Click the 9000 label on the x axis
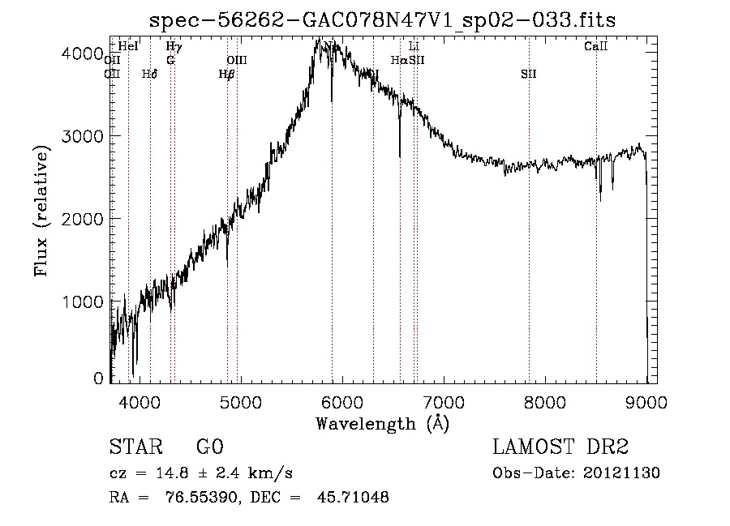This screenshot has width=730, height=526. [x=646, y=401]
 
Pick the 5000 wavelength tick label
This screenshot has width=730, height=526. [x=241, y=401]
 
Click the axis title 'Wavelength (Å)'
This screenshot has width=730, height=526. [x=382, y=423]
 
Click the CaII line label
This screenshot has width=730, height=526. [x=596, y=47]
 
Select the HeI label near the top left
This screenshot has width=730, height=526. [x=128, y=47]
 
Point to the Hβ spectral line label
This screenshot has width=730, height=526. [x=226, y=74]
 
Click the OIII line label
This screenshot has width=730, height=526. [x=237, y=60]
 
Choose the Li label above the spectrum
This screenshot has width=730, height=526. [x=414, y=47]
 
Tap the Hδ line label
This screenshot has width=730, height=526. [x=149, y=74]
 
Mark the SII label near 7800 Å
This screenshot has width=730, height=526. [x=529, y=74]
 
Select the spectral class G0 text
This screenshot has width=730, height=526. [x=209, y=447]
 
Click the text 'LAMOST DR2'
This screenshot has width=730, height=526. [x=560, y=447]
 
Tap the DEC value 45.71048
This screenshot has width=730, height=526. [x=355, y=498]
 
